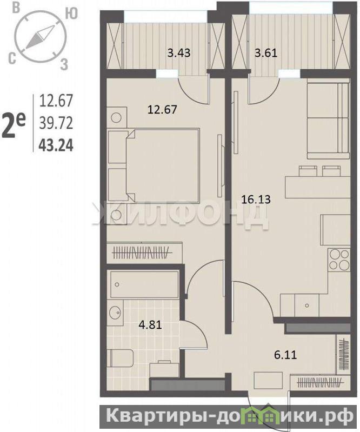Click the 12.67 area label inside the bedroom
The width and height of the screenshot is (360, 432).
[162, 110]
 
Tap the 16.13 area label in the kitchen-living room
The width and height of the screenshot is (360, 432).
[256, 199]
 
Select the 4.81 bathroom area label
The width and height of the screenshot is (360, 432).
[150, 325]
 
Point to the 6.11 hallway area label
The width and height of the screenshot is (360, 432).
[285, 355]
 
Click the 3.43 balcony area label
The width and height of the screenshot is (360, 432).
[179, 52]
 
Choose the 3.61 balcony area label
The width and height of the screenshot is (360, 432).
[266, 52]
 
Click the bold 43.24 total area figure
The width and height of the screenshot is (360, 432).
[56, 145]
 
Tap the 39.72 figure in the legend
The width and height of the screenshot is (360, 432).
[56, 123]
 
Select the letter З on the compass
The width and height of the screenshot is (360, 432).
[64, 64]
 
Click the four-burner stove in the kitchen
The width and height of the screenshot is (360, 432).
[339, 259]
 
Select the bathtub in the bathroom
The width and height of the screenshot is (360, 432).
[145, 284]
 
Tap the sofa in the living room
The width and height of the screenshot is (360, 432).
[328, 121]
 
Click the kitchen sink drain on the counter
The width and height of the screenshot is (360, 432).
[307, 305]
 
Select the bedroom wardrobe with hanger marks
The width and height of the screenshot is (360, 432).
[144, 252]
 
